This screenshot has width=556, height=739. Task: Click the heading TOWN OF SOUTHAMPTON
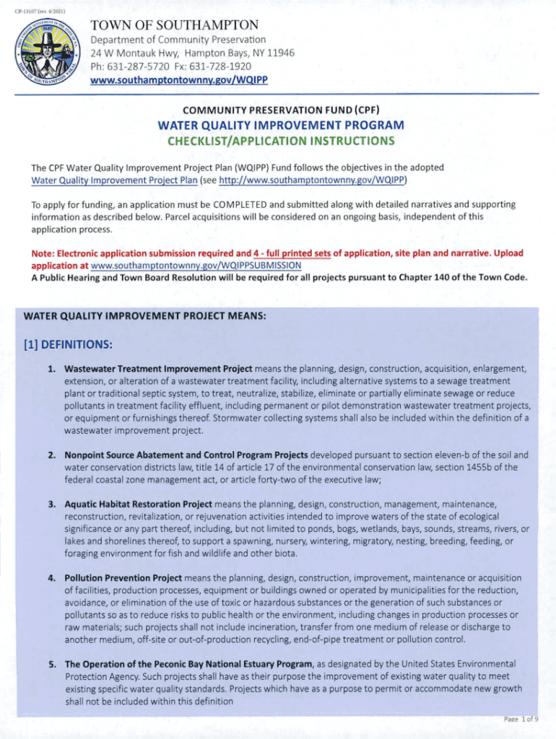pos(174,25)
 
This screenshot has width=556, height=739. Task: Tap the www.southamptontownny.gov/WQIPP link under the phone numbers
pos(179,79)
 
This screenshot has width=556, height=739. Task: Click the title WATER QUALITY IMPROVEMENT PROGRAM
pos(281,125)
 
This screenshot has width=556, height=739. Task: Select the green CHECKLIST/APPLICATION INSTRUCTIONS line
pos(281,140)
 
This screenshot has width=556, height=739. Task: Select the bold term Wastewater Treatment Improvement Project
pos(158,369)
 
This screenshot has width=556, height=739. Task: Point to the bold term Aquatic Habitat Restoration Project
pos(138,503)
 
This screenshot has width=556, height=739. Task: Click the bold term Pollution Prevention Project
pos(123,578)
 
